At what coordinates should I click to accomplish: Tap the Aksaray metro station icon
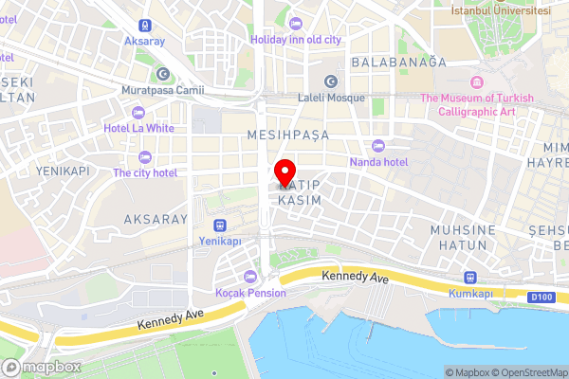coord(144,26)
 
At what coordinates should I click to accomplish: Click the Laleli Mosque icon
coord(330,81)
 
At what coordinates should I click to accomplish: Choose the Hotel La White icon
coord(144,110)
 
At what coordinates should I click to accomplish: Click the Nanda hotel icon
coord(378,145)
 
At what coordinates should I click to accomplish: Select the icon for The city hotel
coord(145,156)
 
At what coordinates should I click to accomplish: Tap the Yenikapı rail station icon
coord(220,226)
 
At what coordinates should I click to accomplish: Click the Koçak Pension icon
coord(249,276)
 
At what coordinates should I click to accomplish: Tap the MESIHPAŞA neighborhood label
coord(287,135)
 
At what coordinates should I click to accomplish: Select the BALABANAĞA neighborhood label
coord(398,62)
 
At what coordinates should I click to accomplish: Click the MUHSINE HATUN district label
coord(463,237)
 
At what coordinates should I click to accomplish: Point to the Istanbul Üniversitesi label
coord(501,9)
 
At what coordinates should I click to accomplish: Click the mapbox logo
coord(43,367)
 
